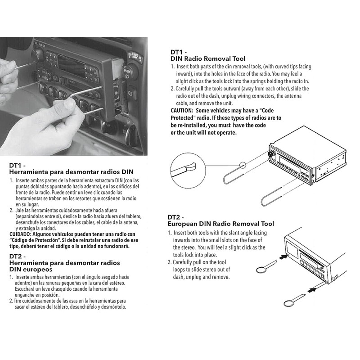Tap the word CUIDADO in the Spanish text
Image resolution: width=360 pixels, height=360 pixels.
tap(22, 234)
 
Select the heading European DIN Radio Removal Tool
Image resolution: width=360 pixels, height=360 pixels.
tap(220, 224)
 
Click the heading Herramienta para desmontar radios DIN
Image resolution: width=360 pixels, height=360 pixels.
tap(71, 172)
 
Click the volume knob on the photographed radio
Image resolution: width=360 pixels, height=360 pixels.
tap(37, 55)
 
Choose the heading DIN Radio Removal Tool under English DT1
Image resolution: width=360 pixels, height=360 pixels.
tap(208, 58)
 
